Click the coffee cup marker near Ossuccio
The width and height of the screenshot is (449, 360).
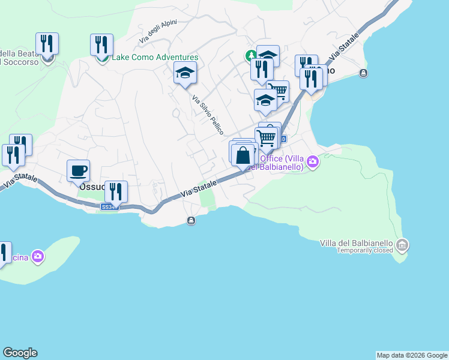pos(78,170)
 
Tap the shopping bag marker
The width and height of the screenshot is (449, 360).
pos(243,156)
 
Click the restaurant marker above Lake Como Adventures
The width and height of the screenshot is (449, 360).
pos(101,44)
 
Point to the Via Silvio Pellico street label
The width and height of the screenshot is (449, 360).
pos(208,114)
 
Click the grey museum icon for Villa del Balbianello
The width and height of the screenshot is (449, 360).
pos(402,244)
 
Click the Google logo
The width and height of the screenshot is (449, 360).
pos(20,353)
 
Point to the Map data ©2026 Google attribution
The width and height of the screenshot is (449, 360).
pos(412,355)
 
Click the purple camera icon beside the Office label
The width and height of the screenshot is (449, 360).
pos(312,162)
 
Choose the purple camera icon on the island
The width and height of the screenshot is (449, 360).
pos(38,257)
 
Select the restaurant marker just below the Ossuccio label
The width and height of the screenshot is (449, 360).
pos(116,191)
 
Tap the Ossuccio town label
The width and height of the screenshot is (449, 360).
pos(92,187)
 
